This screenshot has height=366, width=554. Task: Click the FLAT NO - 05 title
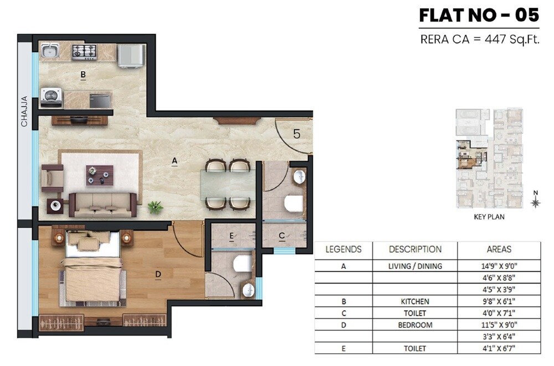(479, 15)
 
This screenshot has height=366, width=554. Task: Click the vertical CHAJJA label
(24, 114)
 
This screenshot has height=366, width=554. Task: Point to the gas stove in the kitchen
(84, 52)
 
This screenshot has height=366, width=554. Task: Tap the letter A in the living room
(174, 161)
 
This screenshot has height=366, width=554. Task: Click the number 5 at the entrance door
(297, 133)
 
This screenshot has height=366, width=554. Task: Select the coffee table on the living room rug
(99, 175)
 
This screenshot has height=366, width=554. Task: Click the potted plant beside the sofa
(155, 207)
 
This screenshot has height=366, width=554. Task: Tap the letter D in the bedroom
(158, 274)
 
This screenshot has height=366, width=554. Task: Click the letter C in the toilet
(281, 237)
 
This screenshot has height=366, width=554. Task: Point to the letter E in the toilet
(231, 237)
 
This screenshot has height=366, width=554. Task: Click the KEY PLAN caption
(489, 217)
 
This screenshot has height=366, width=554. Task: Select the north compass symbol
(535, 201)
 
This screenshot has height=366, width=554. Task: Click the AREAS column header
(499, 249)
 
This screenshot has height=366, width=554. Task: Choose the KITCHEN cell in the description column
(415, 301)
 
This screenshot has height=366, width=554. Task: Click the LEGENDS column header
(343, 249)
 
